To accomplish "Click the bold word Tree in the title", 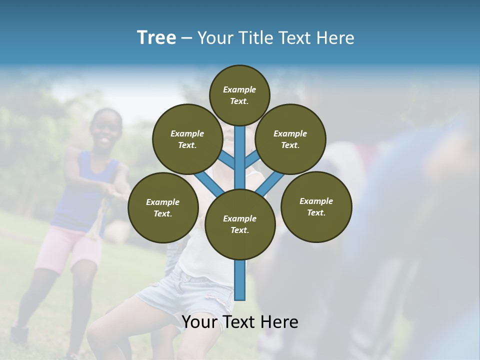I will [156, 37].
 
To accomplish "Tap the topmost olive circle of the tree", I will [239, 95].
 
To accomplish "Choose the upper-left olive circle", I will [187, 139].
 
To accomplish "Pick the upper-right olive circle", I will [290, 139].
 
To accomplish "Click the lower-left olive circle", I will [163, 207].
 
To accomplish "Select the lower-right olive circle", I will [316, 206].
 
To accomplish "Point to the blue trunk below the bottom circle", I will [240, 280].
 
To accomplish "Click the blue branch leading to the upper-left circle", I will [227, 160].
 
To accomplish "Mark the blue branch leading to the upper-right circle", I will [252, 160].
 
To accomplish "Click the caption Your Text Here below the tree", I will [240, 322].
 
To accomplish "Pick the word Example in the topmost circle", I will [239, 89].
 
